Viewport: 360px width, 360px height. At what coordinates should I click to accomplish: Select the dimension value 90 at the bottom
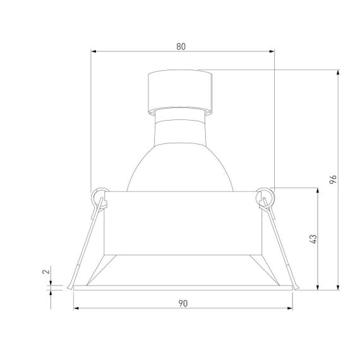[183, 304]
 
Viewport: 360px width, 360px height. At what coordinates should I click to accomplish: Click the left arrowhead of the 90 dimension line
[76, 309]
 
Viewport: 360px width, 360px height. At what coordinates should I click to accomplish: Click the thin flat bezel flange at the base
[183, 288]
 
